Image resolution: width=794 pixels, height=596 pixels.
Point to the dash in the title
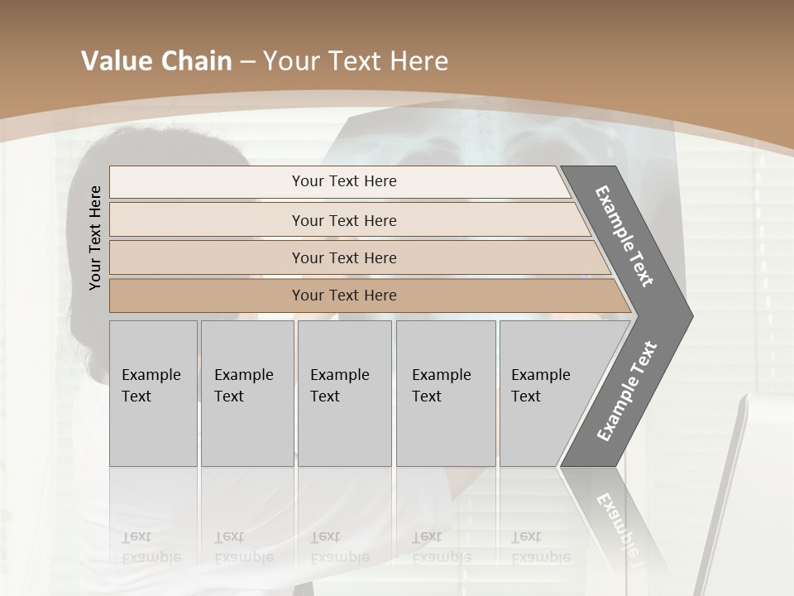coord(247,62)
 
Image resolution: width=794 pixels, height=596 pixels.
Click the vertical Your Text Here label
coord(95,238)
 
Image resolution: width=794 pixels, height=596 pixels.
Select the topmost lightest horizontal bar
coord(343,181)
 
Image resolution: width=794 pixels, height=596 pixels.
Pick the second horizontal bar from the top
coord(343,220)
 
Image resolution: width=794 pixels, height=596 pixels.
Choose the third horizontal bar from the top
coord(343,257)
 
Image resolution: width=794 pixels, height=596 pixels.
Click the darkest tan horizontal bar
coord(343,296)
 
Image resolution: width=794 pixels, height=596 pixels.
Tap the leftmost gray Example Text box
coord(153,393)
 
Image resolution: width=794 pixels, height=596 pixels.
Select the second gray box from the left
coord(246,393)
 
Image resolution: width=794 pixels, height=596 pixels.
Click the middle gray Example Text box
coord(344,393)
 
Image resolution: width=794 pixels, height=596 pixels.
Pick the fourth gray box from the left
coord(445,393)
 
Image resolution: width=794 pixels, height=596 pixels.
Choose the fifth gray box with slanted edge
coord(546,393)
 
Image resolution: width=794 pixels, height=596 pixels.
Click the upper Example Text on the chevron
coord(624,236)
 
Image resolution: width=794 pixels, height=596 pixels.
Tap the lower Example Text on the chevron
coord(626,392)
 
